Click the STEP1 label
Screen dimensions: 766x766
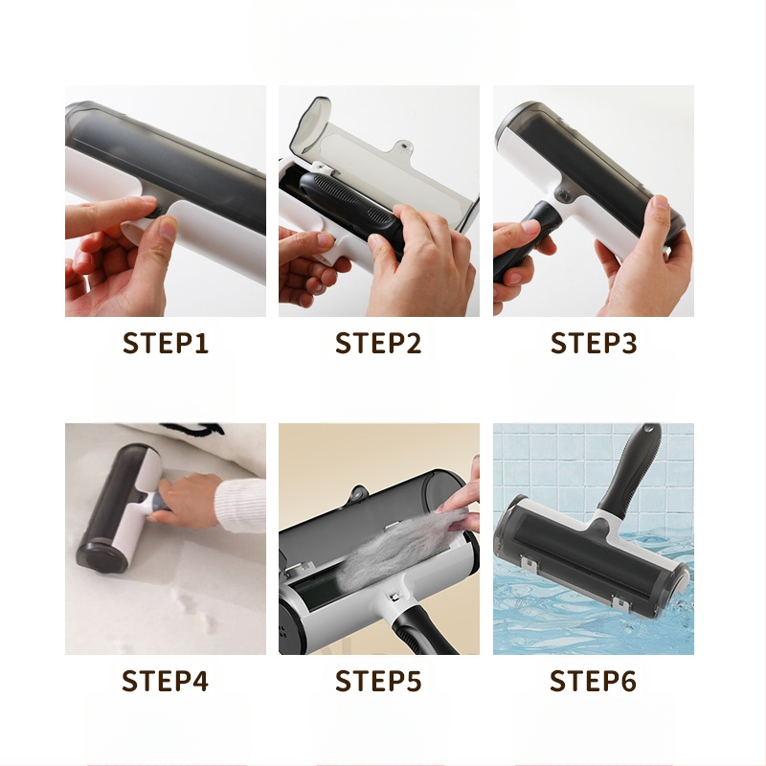[x=166, y=343]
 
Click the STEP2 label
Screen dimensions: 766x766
[x=378, y=343]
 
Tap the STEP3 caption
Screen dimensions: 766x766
[x=594, y=343]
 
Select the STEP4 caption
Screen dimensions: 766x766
[x=165, y=681]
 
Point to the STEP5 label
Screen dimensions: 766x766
[x=378, y=681]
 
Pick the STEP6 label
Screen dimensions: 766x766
[x=593, y=681]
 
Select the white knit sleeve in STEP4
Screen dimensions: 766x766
[x=240, y=506]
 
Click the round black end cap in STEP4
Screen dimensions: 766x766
[x=101, y=556]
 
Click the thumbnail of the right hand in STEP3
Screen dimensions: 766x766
[x=660, y=202]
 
